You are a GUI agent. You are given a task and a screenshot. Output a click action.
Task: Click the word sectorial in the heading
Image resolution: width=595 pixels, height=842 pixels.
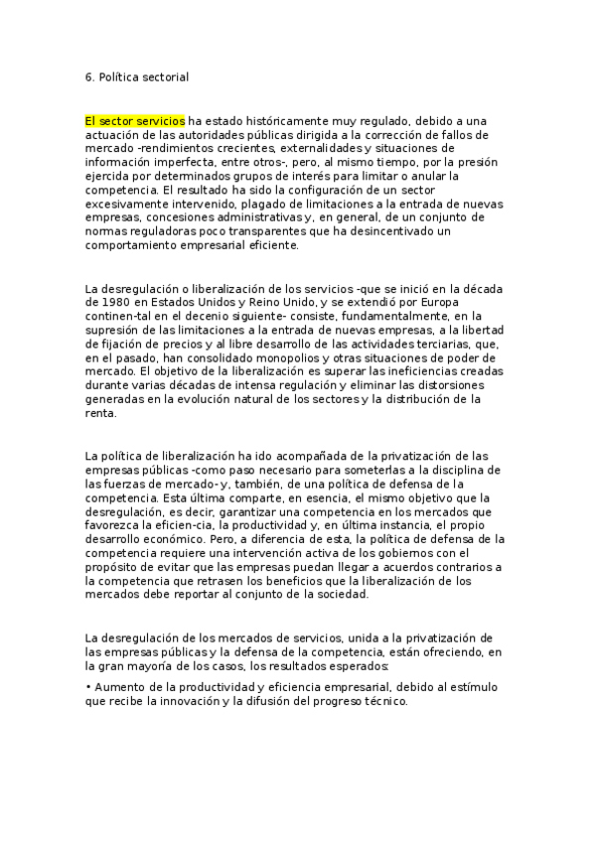(x=164, y=75)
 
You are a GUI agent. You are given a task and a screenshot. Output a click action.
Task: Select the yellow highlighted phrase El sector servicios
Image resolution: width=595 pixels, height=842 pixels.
(x=135, y=121)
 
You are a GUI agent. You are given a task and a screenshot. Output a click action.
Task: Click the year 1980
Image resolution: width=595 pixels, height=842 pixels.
(x=103, y=303)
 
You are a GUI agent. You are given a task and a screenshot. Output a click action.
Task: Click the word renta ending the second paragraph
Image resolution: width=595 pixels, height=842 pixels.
(x=101, y=413)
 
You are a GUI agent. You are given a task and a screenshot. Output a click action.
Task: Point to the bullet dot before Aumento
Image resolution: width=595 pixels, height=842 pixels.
(x=89, y=686)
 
